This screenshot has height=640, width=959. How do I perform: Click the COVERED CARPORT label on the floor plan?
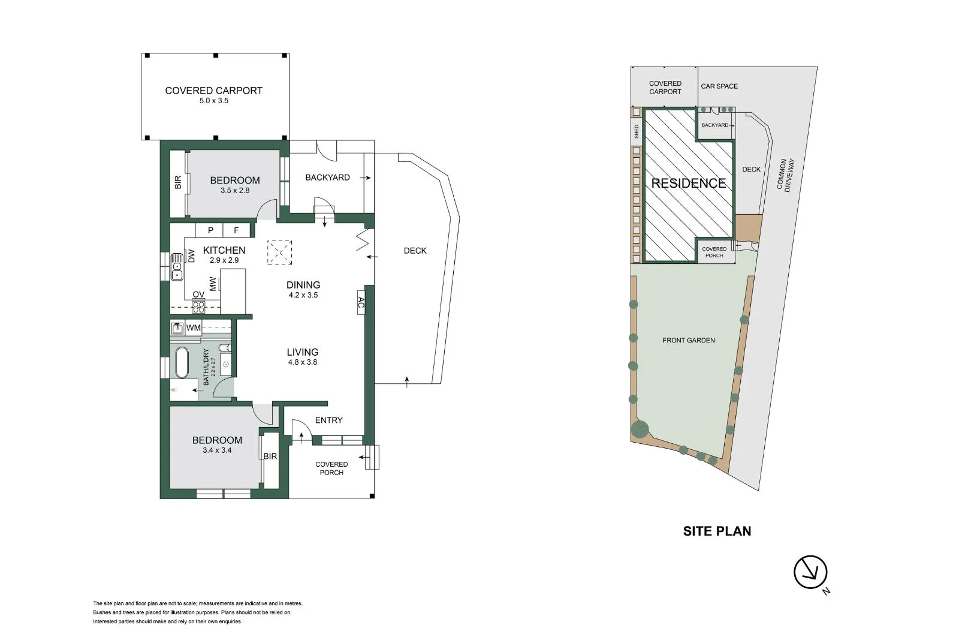pos(213,91)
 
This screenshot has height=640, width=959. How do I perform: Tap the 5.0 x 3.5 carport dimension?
pos(213,101)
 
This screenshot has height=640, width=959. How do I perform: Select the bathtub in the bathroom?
pos(182,362)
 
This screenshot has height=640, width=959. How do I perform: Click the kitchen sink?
pos(177,266)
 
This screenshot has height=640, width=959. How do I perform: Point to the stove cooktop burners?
pos(198,307)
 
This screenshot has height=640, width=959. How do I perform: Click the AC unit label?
pos(361,302)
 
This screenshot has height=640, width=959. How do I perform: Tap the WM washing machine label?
pos(194,328)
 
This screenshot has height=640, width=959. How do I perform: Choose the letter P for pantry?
pos(210,230)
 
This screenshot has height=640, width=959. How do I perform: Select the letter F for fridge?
pos(236,230)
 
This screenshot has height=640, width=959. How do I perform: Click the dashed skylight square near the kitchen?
pos(279,253)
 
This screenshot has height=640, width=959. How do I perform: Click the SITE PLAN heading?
pos(717,531)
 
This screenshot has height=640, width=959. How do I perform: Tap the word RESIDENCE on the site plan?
pos(689,184)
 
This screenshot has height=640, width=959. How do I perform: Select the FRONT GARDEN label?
pos(689,340)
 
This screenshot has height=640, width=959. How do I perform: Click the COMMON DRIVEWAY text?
pos(786,175)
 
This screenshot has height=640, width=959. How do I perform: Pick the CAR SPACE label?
pos(719,86)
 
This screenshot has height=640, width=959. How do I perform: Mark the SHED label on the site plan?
pos(637,131)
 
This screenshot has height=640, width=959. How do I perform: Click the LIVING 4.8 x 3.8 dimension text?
pos(303,362)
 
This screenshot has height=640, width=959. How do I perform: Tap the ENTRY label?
pos(329,420)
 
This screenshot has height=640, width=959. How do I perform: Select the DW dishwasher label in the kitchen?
pos(191,256)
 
